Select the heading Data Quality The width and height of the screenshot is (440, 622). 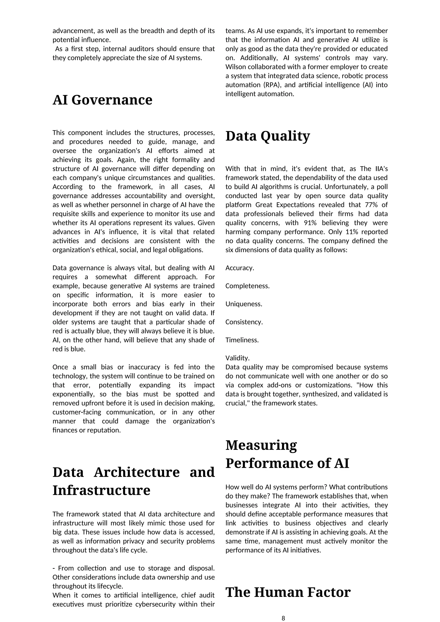point(267,136)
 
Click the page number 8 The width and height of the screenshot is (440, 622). point(283,616)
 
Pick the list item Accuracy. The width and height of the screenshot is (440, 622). point(240,268)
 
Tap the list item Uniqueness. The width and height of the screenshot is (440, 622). point(244,304)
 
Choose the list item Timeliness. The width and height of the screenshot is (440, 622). point(242,340)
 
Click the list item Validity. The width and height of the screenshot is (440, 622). point(237,358)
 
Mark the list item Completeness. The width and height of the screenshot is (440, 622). point(247,286)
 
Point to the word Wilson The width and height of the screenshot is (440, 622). point(235,67)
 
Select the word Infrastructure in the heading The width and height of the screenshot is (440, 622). point(101,490)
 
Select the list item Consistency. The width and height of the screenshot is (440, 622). point(244,322)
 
